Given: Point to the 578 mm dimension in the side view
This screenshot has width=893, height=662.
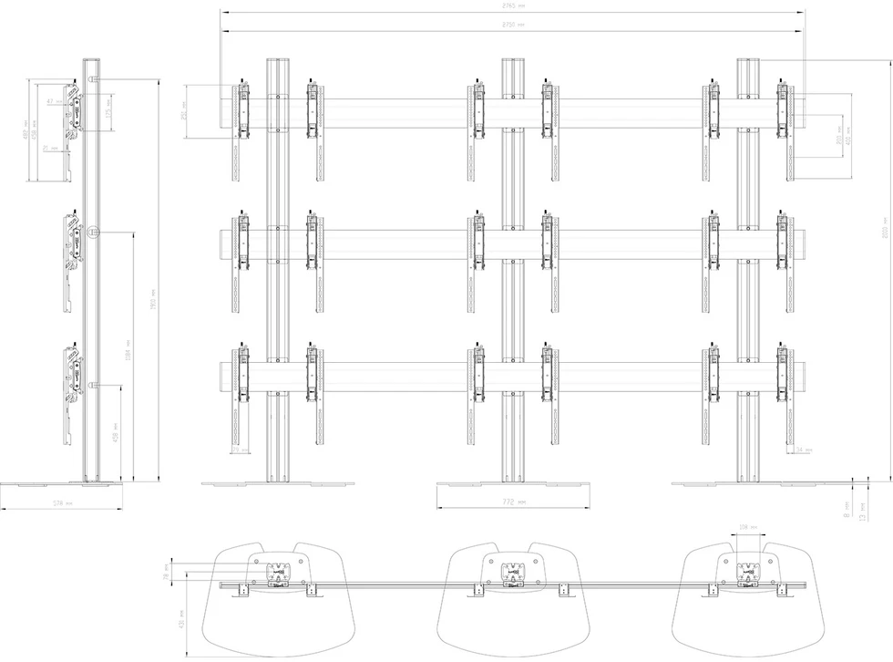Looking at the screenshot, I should [x=61, y=502].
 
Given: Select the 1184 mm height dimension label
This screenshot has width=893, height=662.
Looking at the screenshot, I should [x=128, y=347].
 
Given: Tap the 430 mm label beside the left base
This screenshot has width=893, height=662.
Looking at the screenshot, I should [x=181, y=620].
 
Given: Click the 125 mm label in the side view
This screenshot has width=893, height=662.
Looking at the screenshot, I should [x=108, y=115].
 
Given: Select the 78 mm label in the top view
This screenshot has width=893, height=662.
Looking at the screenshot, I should [x=167, y=576].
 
